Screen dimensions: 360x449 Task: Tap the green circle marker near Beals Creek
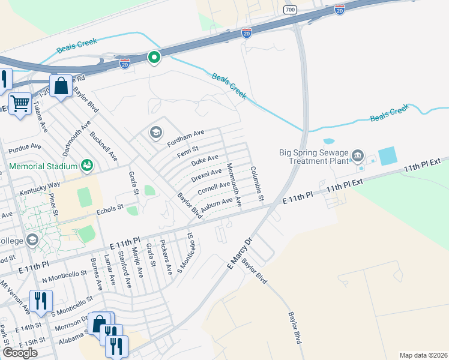click(154, 58)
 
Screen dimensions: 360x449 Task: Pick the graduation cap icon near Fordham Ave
click(156, 132)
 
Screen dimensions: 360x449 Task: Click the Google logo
click(20, 352)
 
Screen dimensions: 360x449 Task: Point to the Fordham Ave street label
click(186, 136)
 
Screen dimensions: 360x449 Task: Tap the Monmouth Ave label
click(234, 185)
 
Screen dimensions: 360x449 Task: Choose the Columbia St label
click(257, 184)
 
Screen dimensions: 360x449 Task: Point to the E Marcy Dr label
click(241, 253)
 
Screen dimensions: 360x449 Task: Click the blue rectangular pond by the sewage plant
click(387, 156)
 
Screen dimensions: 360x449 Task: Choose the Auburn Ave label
click(217, 205)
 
